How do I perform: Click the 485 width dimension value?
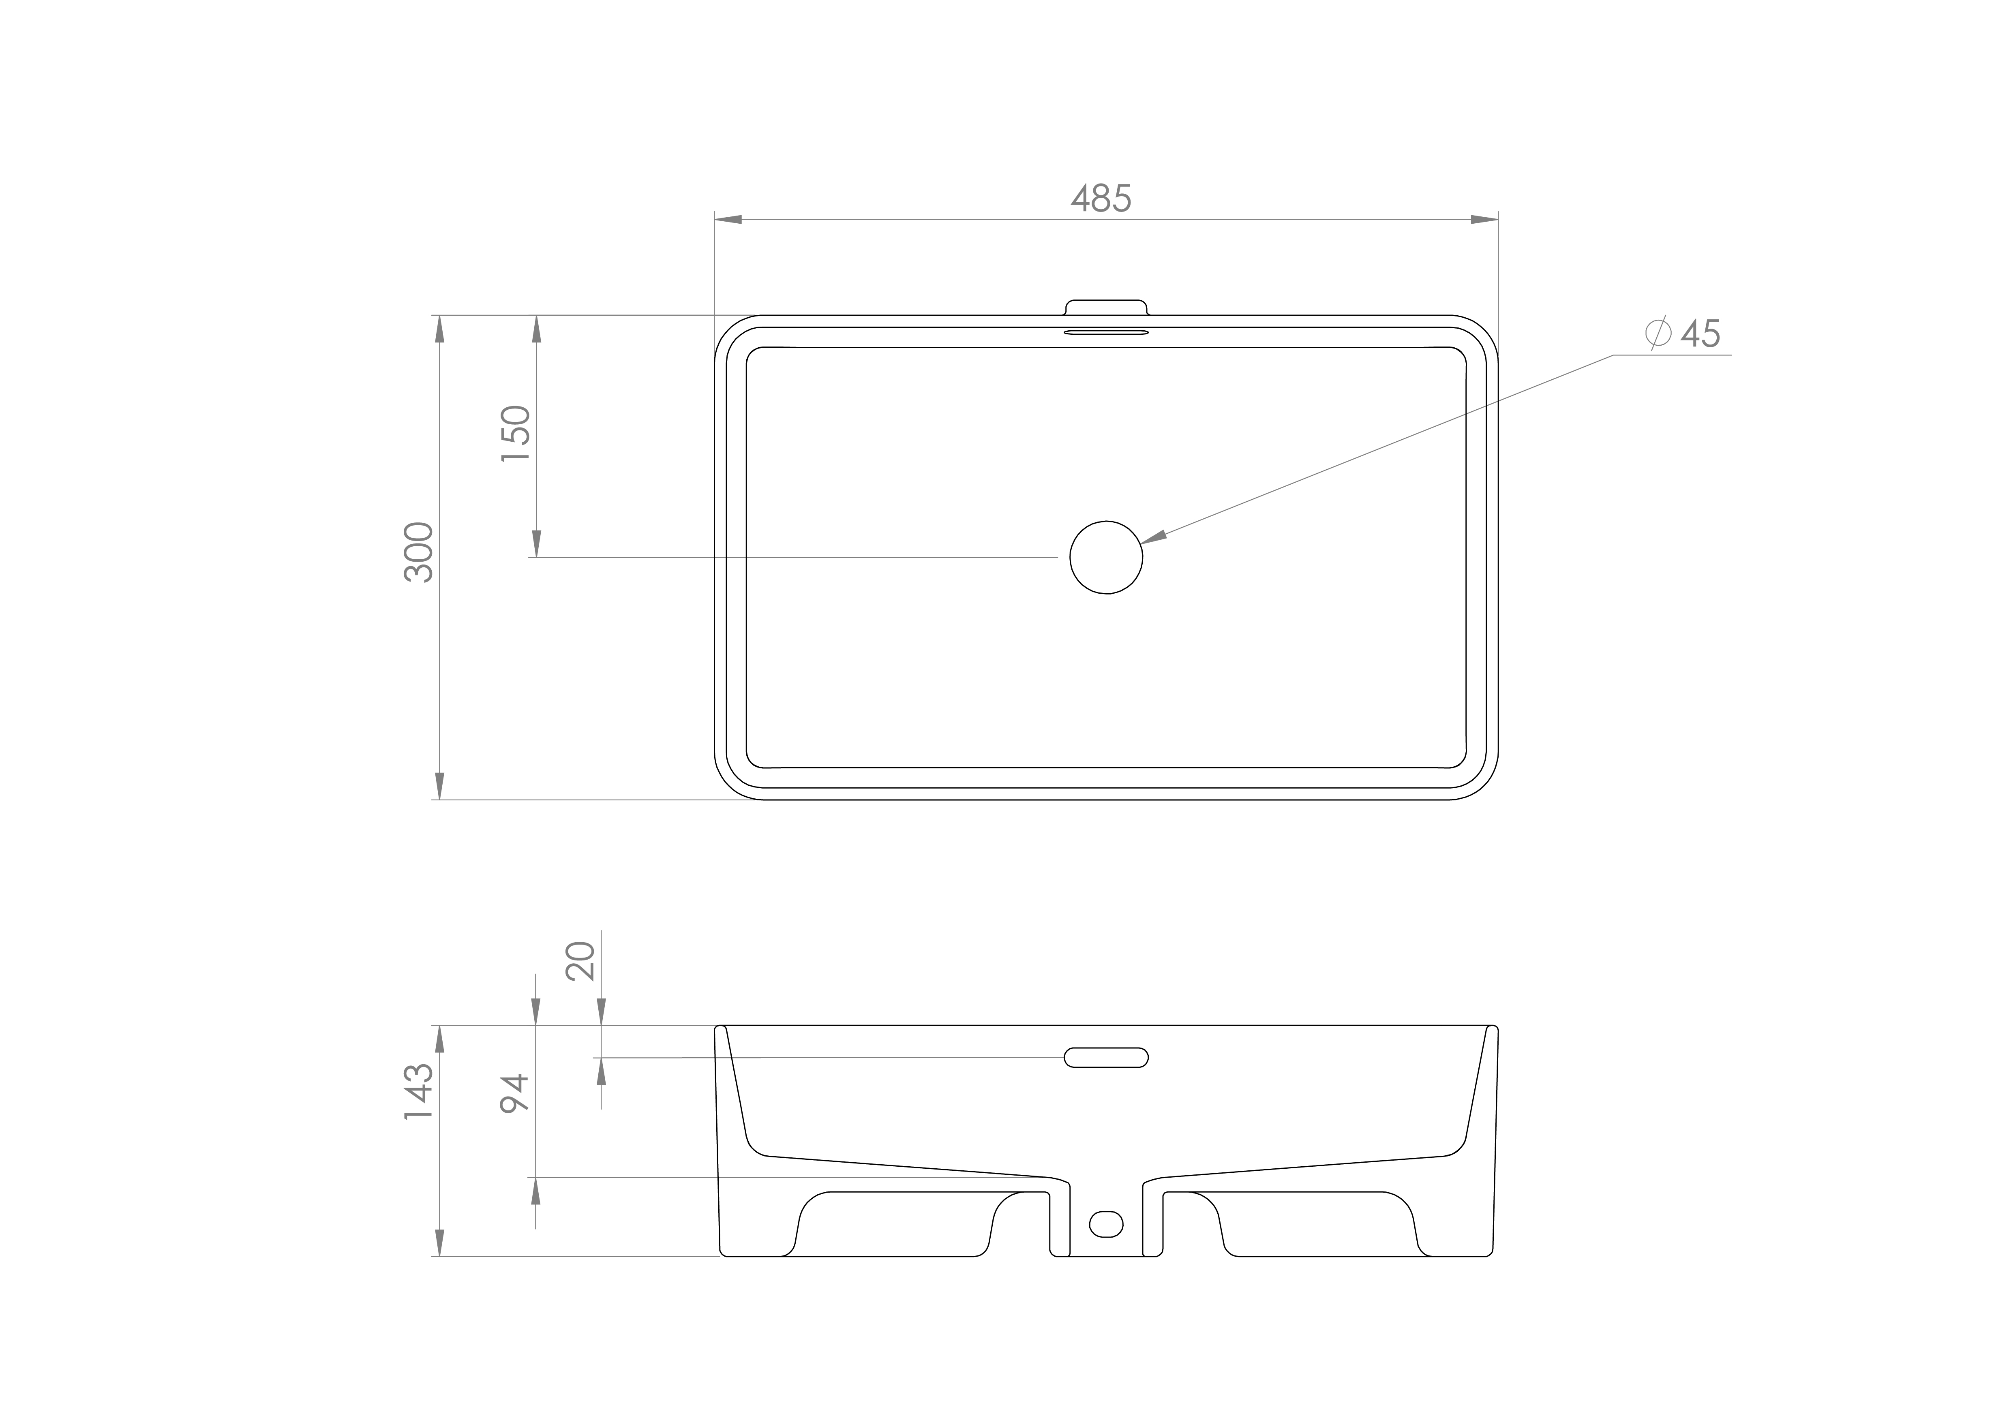[x=1101, y=200]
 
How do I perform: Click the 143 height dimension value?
[x=419, y=1092]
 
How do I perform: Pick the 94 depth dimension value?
[x=515, y=1093]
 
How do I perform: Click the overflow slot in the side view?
[x=1105, y=1058]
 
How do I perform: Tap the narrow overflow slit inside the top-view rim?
[x=1105, y=333]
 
